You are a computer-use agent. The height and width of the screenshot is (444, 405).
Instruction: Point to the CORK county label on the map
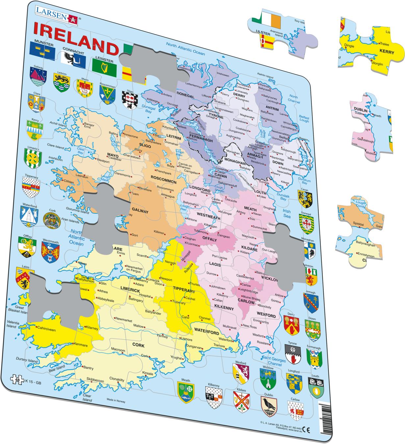tap(139, 345)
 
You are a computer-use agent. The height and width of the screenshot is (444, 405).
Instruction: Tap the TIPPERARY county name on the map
tap(184, 291)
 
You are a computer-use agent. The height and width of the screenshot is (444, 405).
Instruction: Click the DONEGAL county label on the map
tap(185, 93)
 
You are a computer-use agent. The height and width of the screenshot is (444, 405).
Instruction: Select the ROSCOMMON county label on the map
tap(164, 182)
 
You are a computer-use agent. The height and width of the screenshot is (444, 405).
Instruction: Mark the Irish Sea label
tap(287, 213)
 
